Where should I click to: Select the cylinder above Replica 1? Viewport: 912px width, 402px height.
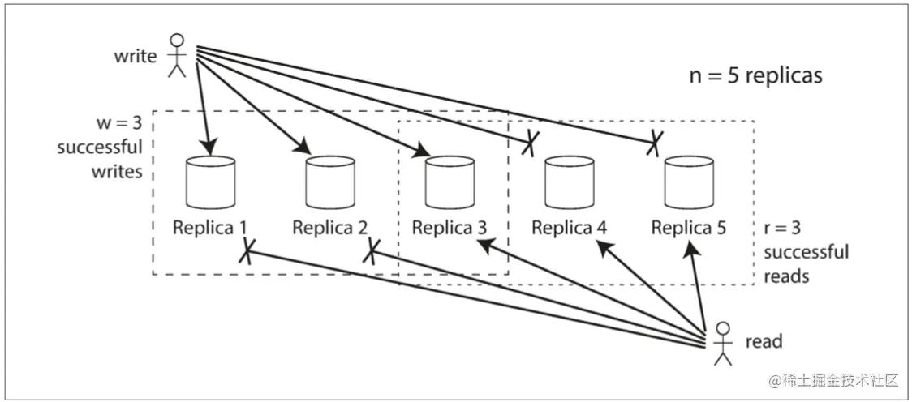[x=211, y=182]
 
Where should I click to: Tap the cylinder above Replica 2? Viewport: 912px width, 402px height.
[x=330, y=182]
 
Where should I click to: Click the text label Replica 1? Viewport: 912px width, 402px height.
[x=210, y=228]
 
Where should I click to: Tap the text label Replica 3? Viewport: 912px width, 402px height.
[x=450, y=228]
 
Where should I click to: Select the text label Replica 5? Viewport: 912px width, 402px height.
[x=689, y=228]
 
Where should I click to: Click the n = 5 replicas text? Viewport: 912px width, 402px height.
[x=755, y=76]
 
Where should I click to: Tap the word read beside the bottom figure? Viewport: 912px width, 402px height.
[x=763, y=341]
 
